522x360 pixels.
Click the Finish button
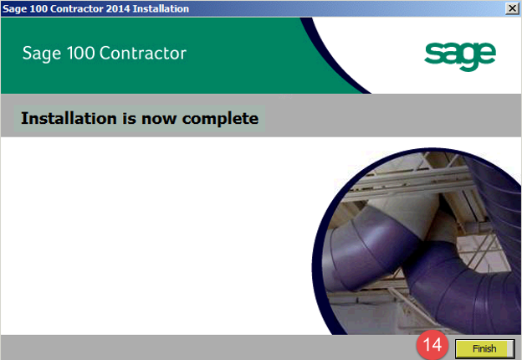[484, 348]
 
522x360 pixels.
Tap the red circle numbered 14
[432, 345]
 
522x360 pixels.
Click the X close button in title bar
[512, 8]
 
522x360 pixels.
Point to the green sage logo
[460, 56]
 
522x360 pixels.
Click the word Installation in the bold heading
[69, 118]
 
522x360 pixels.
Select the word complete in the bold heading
[220, 119]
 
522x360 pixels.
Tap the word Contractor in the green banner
[143, 54]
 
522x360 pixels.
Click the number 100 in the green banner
[81, 54]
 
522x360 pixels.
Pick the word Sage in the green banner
[42, 54]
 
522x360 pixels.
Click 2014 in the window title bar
[118, 8]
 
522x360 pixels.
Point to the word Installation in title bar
[161, 8]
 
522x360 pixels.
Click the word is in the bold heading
[129, 119]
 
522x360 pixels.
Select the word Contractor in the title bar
[77, 8]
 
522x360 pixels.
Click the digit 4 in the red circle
[437, 345]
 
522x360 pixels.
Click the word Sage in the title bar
[15, 9]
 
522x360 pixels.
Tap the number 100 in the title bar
[39, 8]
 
